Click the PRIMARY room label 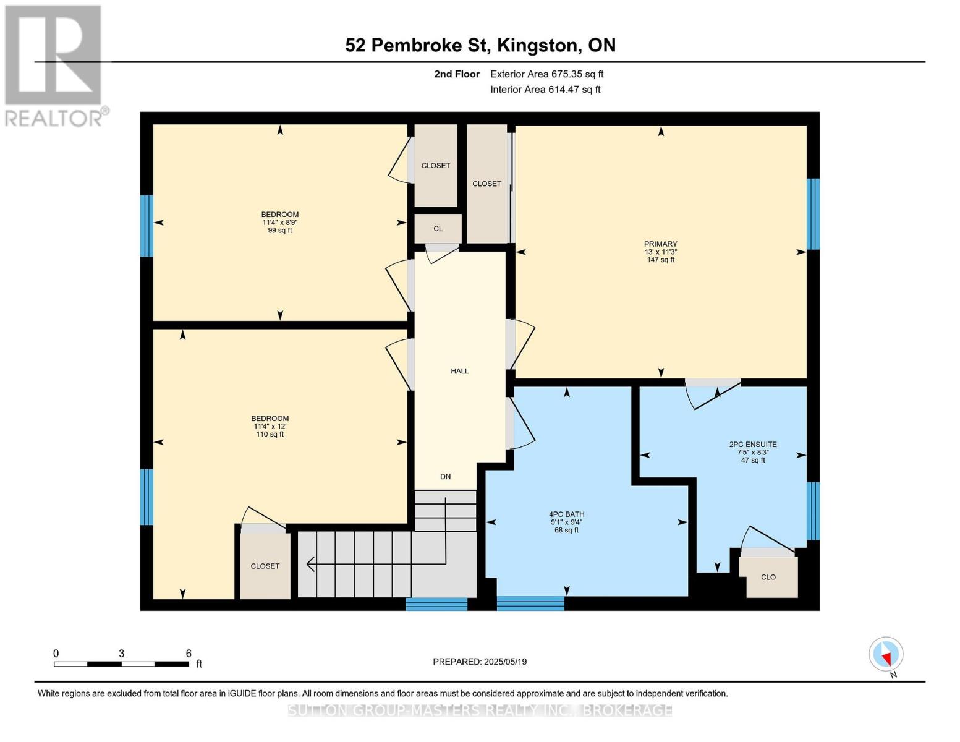[660, 244]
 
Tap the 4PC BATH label [566, 514]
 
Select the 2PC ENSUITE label [752, 445]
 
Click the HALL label [459, 371]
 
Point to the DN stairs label [445, 477]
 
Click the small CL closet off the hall [438, 229]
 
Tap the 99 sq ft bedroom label [280, 223]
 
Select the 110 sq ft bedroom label [270, 426]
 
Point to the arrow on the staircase [311, 564]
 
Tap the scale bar [121, 664]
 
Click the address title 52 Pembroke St [480, 45]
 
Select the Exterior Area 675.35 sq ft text [546, 74]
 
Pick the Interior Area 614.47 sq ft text [545, 90]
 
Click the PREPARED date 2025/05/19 [480, 662]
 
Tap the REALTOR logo [55, 65]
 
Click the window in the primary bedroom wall [813, 213]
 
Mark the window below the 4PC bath [530, 603]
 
